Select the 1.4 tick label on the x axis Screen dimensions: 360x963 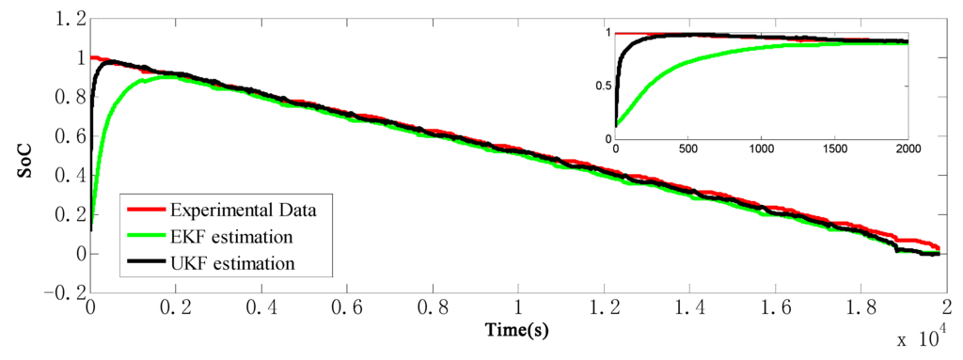(688, 308)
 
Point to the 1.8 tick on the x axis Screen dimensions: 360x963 (860, 308)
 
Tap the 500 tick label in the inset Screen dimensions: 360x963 (688, 149)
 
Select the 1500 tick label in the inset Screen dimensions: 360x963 (835, 149)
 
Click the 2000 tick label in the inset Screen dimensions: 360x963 (908, 149)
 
